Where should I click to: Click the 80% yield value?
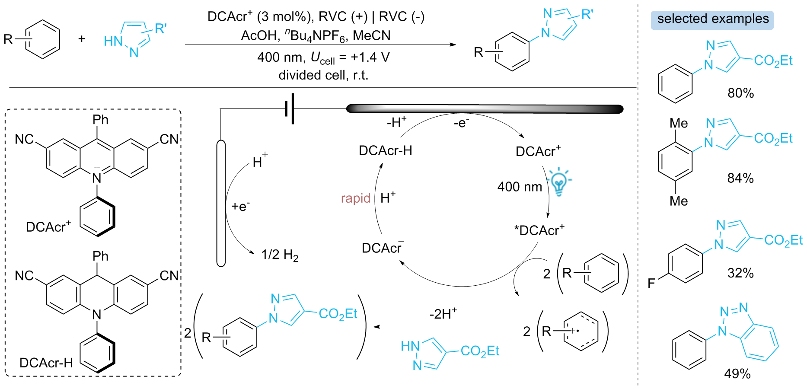click(x=740, y=93)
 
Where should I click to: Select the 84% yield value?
click(x=740, y=178)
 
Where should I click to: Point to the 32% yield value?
click(x=740, y=273)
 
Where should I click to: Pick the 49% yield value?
click(x=737, y=373)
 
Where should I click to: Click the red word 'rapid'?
click(x=355, y=198)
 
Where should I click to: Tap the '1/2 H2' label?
click(x=280, y=255)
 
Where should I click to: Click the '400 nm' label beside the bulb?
click(x=520, y=187)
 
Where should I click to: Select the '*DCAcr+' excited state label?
click(x=539, y=230)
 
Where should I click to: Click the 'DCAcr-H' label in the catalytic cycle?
click(x=386, y=150)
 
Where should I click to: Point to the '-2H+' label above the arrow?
click(x=443, y=313)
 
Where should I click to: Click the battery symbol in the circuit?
click(x=290, y=108)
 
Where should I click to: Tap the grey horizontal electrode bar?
click(x=485, y=109)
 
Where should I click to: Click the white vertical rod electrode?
click(x=221, y=203)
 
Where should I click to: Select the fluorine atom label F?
click(x=651, y=284)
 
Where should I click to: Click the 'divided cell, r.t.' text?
click(x=323, y=75)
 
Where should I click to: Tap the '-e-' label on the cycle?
click(x=461, y=123)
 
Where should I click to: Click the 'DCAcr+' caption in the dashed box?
click(x=48, y=226)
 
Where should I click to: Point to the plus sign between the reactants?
click(x=82, y=39)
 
